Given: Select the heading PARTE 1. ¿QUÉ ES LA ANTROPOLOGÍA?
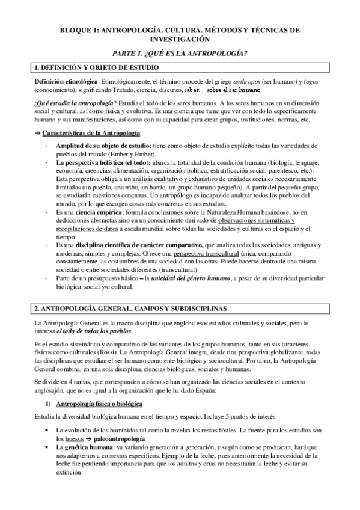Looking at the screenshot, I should [x=180, y=53].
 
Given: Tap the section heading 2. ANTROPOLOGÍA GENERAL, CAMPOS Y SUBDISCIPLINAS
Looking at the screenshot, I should [x=130, y=309].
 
